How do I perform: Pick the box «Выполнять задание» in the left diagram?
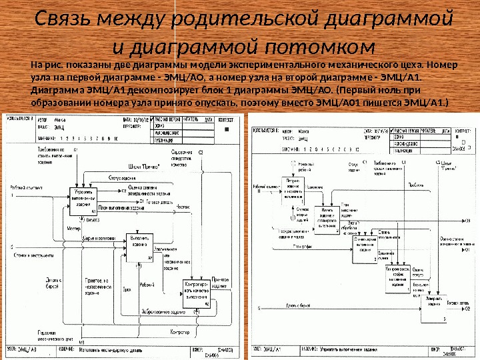coord(141,246)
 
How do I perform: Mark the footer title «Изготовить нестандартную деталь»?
coord(113,349)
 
